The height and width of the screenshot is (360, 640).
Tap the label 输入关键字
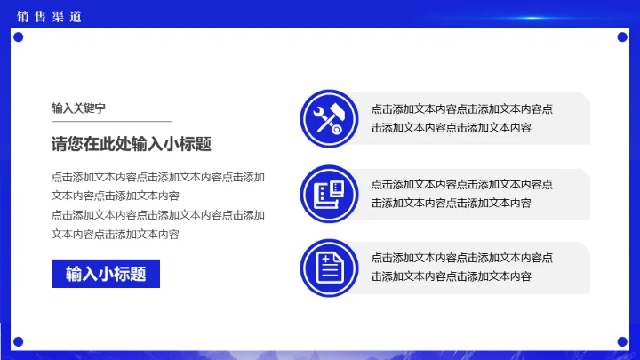(x=78, y=108)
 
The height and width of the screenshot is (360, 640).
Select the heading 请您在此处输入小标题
(x=131, y=145)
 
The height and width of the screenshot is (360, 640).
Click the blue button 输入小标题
(x=105, y=274)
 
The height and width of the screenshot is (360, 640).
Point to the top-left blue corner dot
(x=18, y=36)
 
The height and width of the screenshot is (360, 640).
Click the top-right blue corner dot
(x=621, y=36)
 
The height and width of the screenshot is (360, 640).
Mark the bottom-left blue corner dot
(x=18, y=340)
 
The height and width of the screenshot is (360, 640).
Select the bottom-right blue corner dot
(x=621, y=340)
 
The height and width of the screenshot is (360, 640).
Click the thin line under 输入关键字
(x=111, y=120)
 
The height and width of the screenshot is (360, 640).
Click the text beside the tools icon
(x=461, y=118)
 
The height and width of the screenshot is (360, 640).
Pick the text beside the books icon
(x=461, y=194)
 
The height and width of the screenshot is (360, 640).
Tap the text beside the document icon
(x=461, y=268)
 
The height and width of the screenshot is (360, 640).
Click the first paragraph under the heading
(x=158, y=186)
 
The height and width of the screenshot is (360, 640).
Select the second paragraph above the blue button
(x=158, y=224)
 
